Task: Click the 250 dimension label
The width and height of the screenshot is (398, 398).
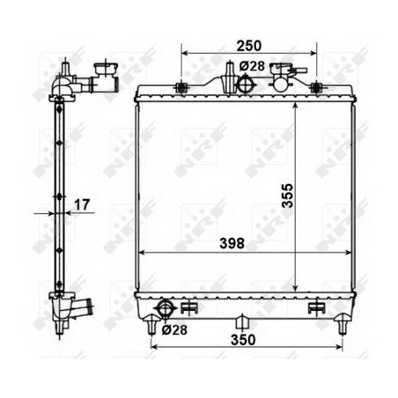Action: (x=248, y=46)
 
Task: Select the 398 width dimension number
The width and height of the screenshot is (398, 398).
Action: (x=232, y=243)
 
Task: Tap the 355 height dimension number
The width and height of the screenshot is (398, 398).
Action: (x=287, y=195)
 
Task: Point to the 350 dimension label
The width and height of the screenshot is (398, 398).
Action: (x=243, y=340)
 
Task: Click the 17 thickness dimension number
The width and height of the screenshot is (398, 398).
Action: (x=81, y=205)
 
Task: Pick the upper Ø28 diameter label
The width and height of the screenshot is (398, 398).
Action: (x=252, y=66)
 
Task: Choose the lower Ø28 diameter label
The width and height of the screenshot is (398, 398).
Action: (x=174, y=330)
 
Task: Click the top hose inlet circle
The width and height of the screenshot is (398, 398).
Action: (x=246, y=85)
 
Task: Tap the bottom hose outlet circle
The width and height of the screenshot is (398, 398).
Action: (x=166, y=308)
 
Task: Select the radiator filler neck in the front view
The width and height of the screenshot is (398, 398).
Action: (x=281, y=77)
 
